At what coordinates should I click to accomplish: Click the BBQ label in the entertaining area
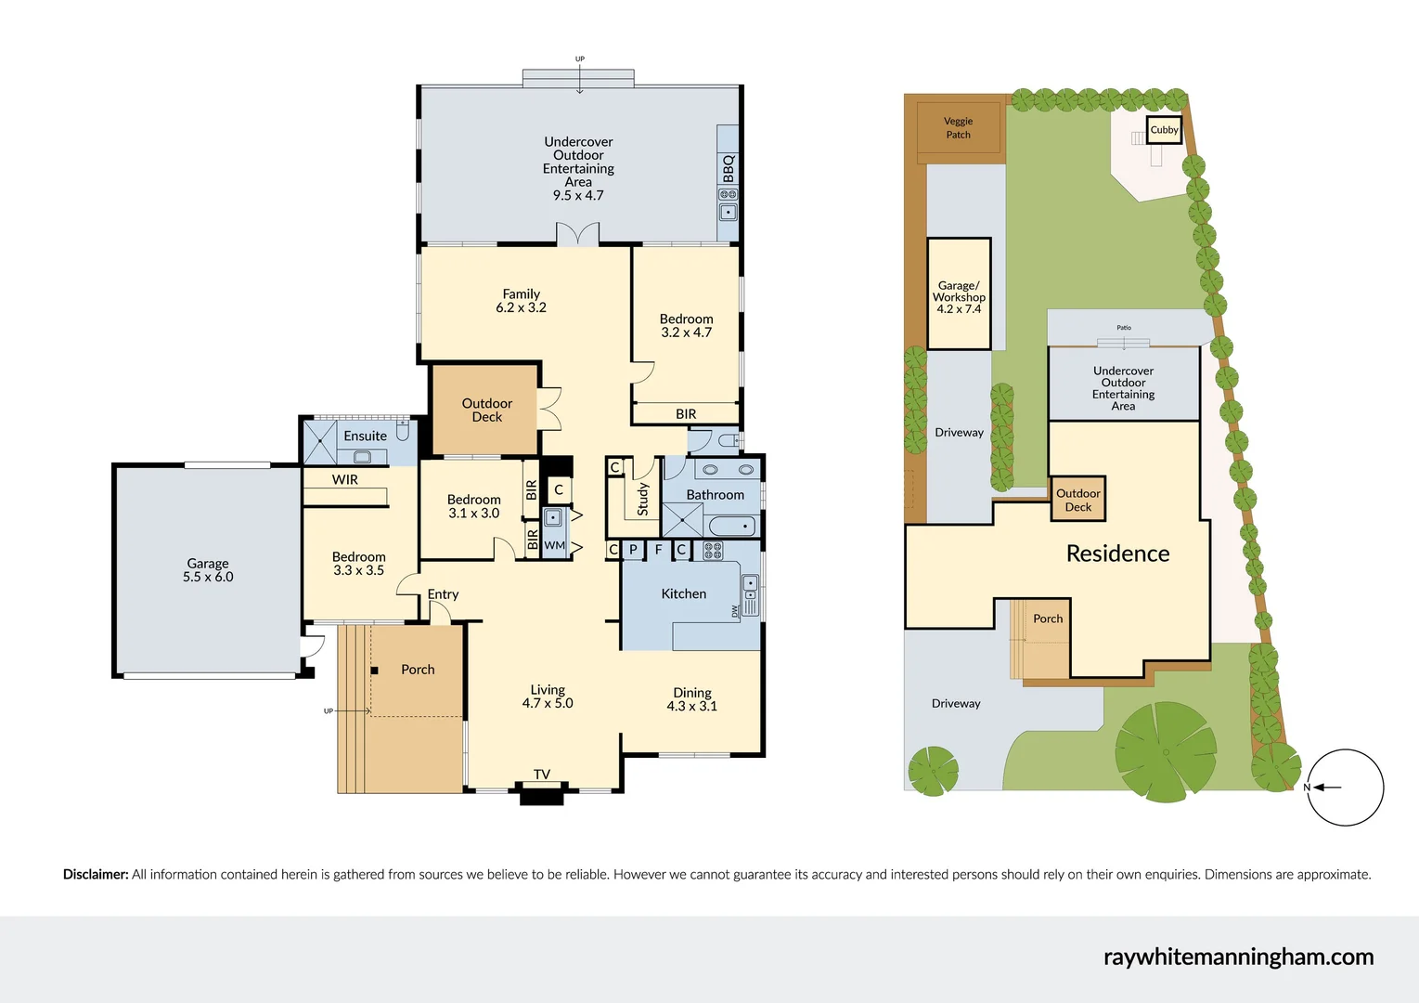click(729, 168)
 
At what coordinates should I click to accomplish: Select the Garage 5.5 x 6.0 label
click(208, 570)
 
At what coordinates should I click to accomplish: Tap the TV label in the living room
click(542, 775)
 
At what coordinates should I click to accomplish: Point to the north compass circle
click(1345, 788)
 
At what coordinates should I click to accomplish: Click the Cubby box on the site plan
click(1164, 130)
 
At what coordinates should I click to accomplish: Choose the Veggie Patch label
click(958, 128)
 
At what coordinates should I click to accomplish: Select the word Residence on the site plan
click(1117, 554)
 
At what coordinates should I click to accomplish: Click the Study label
click(642, 499)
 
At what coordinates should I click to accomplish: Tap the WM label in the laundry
click(554, 546)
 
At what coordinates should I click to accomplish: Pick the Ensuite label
click(365, 436)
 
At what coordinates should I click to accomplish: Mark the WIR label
click(345, 480)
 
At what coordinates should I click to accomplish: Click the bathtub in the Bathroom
click(731, 527)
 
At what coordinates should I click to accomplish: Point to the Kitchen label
click(683, 594)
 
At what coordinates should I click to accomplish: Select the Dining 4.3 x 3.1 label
click(692, 699)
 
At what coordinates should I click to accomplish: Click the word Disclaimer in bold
click(96, 875)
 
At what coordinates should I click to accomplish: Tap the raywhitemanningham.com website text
click(1238, 957)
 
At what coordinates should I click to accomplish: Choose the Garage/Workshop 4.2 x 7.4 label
click(959, 297)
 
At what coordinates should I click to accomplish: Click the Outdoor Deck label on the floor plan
click(486, 410)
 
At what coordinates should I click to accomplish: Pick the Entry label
click(443, 594)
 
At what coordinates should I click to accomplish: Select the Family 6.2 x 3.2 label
click(521, 301)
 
